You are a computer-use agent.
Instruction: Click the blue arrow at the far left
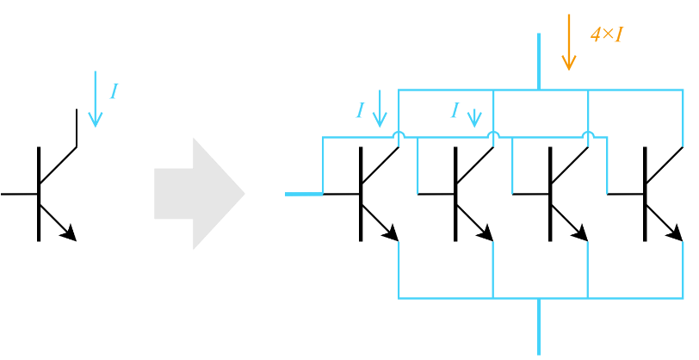point(96,99)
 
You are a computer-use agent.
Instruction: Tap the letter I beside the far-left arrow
point(114,92)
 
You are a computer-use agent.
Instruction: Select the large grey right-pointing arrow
point(199,194)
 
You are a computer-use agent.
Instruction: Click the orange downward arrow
point(568,42)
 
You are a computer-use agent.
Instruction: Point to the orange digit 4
point(595,34)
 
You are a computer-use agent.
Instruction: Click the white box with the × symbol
point(608,34)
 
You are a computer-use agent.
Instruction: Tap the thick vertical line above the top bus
point(539,60)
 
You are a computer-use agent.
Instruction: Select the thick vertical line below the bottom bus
point(539,327)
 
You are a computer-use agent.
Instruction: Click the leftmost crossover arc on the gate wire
point(399,134)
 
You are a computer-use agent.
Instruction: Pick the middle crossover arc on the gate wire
point(493,134)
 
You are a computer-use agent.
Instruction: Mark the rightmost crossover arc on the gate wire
point(588,134)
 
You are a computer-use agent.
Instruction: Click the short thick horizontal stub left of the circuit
point(303,194)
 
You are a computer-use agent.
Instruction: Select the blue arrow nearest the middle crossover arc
point(474,117)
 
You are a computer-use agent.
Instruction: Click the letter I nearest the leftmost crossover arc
point(360,110)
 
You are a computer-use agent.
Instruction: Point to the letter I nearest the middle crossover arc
point(455,110)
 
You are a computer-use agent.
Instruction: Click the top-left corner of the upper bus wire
point(399,90)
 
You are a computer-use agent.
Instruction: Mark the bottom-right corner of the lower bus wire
point(683,298)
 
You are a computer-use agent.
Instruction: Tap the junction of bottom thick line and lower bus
point(539,298)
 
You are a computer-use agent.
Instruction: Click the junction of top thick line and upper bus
point(539,90)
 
